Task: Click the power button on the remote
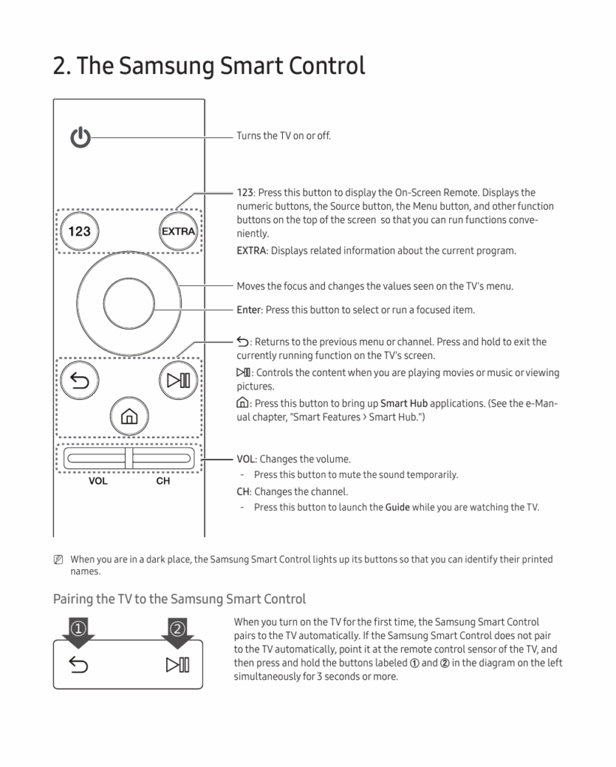[x=79, y=138]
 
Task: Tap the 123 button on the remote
[x=79, y=231]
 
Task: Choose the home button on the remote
[x=128, y=414]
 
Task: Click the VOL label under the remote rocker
[x=98, y=481]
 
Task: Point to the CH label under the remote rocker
[x=162, y=481]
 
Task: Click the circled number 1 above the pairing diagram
[x=79, y=627]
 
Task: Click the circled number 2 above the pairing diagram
[x=177, y=627]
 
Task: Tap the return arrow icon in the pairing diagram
[x=79, y=664]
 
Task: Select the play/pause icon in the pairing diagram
[x=177, y=664]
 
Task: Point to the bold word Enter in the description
[x=249, y=309]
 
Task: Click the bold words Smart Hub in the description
[x=403, y=403]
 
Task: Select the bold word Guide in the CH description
[x=397, y=507]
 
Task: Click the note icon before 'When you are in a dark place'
[x=58, y=560]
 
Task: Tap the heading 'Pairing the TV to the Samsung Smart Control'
[x=180, y=598]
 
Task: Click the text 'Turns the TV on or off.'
[x=284, y=136]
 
